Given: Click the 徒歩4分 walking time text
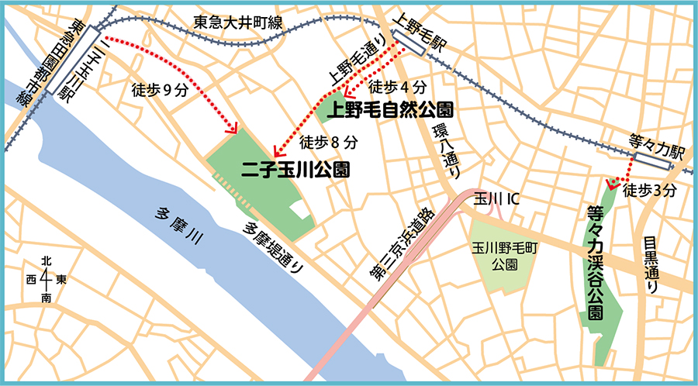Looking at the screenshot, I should click(396, 87).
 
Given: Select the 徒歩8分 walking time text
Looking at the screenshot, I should click(328, 143).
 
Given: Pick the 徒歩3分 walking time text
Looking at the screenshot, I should click(651, 188).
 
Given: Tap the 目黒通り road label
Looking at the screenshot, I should click(651, 264).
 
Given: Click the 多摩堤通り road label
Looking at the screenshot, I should click(274, 246).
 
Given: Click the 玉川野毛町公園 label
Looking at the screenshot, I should click(503, 257).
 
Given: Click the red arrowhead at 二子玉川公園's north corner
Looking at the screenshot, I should click(232, 129).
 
